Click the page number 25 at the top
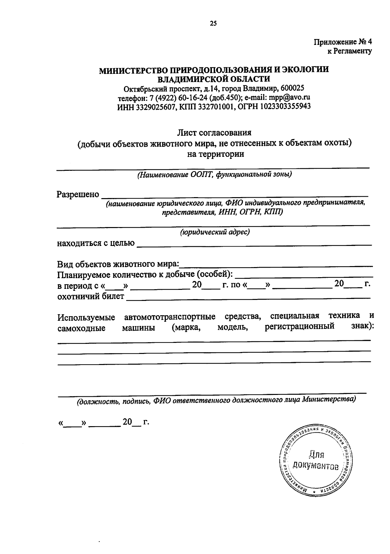(213, 23)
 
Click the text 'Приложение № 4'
(343, 42)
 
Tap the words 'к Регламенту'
(349, 51)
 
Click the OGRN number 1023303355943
(285, 106)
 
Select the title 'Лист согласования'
(214, 132)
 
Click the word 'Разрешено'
(78, 195)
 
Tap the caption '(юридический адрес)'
(215, 232)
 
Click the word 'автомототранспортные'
(170, 317)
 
